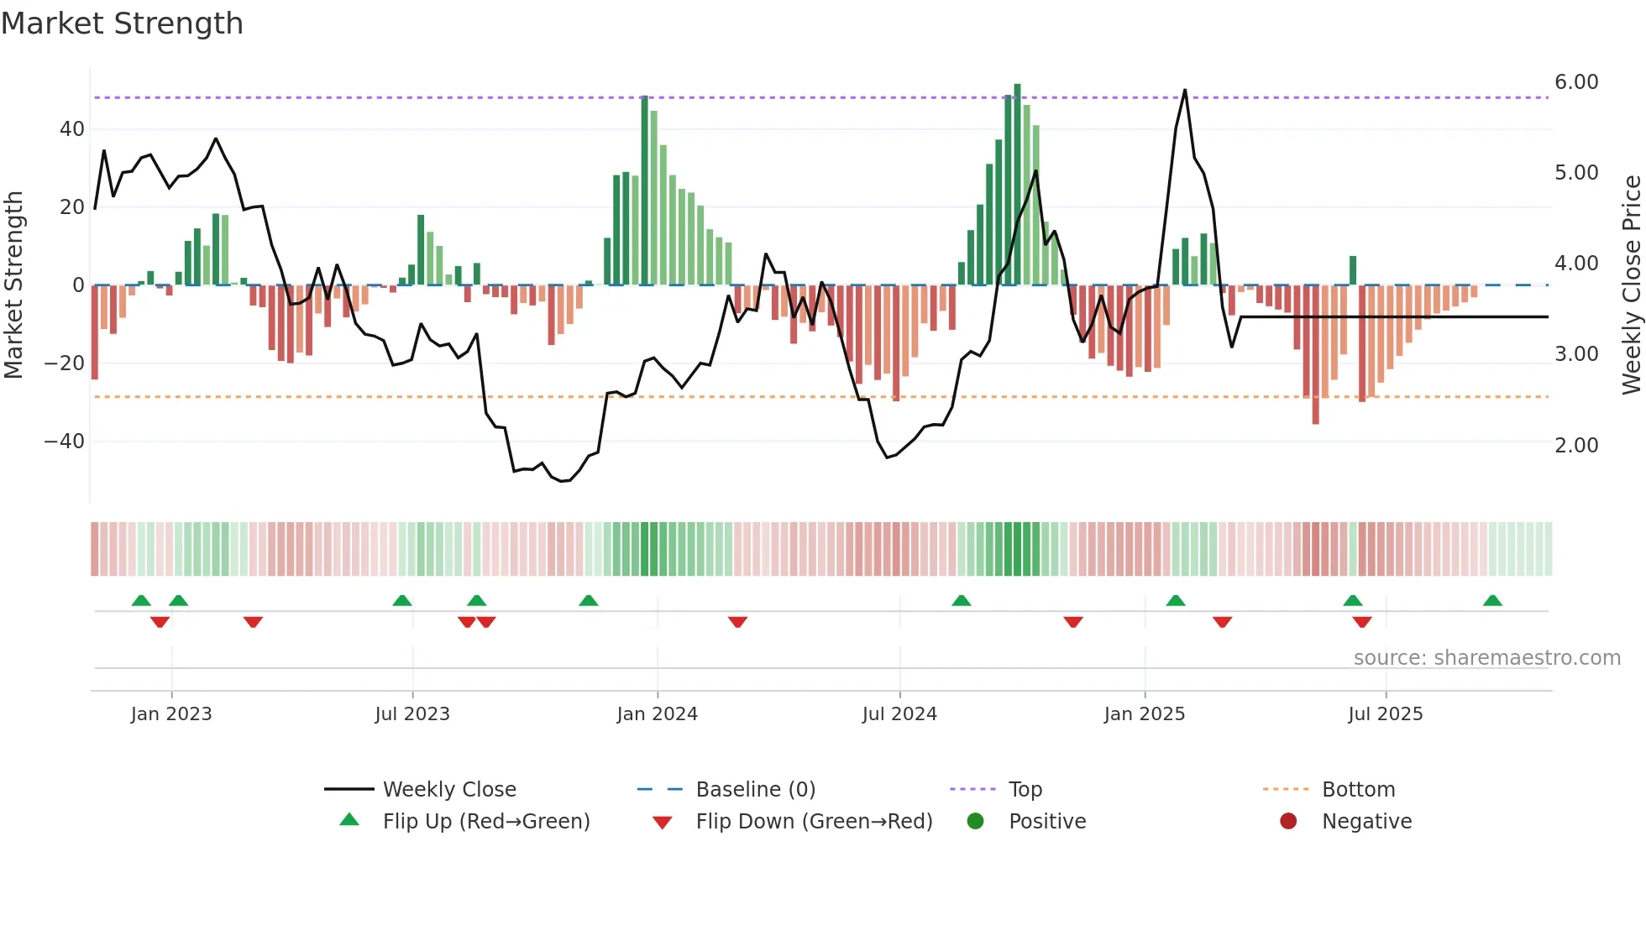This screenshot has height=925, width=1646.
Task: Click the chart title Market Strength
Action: coord(122,24)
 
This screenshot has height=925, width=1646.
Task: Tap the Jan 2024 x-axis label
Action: coord(657,714)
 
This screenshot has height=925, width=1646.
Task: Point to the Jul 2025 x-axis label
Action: coord(1385,714)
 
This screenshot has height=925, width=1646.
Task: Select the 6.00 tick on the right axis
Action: coord(1575,82)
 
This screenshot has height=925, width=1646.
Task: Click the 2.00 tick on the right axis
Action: coord(1575,446)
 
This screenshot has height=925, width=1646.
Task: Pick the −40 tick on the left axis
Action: coord(64,442)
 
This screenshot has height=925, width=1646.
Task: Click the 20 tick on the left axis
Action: coord(71,207)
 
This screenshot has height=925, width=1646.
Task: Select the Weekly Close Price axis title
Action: coord(1631,285)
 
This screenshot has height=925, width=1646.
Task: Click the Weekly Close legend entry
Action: coord(448,790)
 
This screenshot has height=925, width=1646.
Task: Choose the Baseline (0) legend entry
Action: coord(755,790)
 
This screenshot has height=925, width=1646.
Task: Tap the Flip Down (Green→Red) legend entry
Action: coord(813,822)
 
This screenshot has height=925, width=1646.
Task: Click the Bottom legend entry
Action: coord(1357,790)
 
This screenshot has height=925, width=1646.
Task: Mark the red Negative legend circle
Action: coord(1288,822)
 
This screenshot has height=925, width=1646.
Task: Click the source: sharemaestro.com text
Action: coord(1486,658)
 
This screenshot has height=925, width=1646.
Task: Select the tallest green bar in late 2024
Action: coord(1017,185)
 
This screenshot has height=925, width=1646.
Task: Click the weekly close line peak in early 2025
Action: coord(1185,91)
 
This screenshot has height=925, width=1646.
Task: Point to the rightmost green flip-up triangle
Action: coord(1492,601)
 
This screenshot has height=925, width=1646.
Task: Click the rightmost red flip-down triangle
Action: coord(1362,622)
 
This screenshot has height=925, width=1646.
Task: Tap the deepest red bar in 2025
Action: coord(1315,354)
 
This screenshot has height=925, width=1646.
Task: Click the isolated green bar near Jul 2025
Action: coord(1353,270)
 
